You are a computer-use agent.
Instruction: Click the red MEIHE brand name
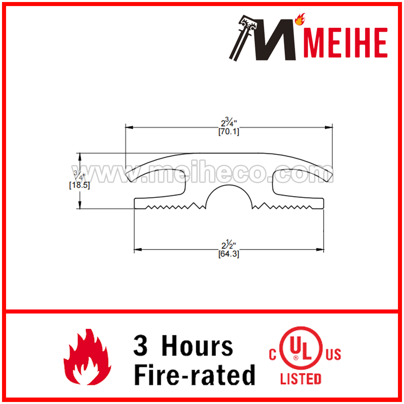(345, 42)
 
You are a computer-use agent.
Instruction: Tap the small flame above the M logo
(300, 19)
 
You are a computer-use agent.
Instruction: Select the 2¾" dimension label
(229, 122)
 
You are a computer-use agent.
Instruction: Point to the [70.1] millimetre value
(229, 132)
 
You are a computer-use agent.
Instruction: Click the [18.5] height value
(79, 185)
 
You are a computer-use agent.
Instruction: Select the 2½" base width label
(229, 244)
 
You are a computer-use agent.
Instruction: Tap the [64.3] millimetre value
(229, 254)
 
